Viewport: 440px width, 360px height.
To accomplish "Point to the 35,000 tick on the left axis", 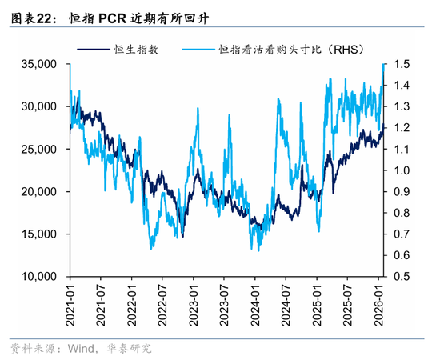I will click(38, 64).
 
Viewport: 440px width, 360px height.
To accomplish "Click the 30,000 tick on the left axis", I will click(38, 106).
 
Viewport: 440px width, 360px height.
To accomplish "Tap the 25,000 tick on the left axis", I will click(38, 149).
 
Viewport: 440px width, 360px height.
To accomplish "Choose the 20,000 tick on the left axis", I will click(38, 192).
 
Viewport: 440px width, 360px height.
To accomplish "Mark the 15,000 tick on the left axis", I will click(38, 234).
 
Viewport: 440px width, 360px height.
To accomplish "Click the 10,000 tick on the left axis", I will click(38, 277).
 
